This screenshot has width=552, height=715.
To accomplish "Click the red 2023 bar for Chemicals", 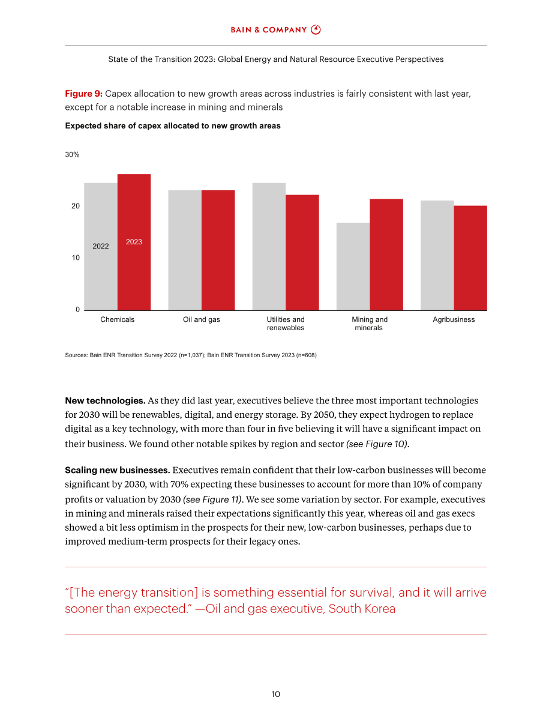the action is pyautogui.click(x=134, y=242).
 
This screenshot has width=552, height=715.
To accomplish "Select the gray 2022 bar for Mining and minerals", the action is pyautogui.click(x=353, y=267).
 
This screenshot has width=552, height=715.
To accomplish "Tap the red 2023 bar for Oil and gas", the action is pyautogui.click(x=218, y=250).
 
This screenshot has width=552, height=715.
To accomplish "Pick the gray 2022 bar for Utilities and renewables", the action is pyautogui.click(x=269, y=247).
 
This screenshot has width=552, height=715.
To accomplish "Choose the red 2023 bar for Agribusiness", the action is pyautogui.click(x=470, y=258).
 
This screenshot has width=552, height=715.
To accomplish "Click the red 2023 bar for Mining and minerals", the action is pyautogui.click(x=386, y=255).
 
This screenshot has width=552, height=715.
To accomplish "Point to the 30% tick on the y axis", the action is pyautogui.click(x=72, y=154).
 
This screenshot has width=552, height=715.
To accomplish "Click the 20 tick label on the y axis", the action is pyautogui.click(x=76, y=206).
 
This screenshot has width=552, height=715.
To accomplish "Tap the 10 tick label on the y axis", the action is pyautogui.click(x=76, y=258).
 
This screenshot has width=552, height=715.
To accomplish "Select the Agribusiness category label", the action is pyautogui.click(x=454, y=319).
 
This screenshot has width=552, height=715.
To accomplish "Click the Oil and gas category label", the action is pyautogui.click(x=202, y=319).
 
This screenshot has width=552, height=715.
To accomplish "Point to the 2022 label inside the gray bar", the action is pyautogui.click(x=101, y=246).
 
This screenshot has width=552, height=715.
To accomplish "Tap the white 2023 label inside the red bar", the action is pyautogui.click(x=134, y=242).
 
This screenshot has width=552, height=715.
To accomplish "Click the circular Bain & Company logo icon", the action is pyautogui.click(x=316, y=29).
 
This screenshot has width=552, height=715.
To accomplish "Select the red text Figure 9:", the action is pyautogui.click(x=84, y=94).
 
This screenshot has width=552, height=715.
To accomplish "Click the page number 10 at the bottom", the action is pyautogui.click(x=276, y=694).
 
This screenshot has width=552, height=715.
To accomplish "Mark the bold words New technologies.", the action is pyautogui.click(x=105, y=401).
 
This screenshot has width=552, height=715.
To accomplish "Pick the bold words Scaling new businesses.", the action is pyautogui.click(x=118, y=470).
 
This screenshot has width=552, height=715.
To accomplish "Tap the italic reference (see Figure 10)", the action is pyautogui.click(x=378, y=444).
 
